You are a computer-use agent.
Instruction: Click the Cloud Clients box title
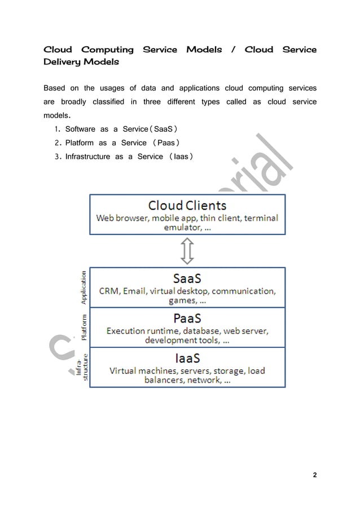pyautogui.click(x=187, y=205)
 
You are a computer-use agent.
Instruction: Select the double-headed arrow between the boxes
pyautogui.click(x=187, y=251)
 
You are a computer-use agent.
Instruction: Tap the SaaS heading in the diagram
pyautogui.click(x=187, y=278)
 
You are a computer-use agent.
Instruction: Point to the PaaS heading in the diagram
pyautogui.click(x=187, y=318)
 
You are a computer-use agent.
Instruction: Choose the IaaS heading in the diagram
pyautogui.click(x=187, y=358)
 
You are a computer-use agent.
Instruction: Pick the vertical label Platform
pyautogui.click(x=84, y=328)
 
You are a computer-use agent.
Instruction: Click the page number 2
pyautogui.click(x=314, y=475)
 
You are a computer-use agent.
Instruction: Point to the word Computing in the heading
pyautogui.click(x=107, y=50)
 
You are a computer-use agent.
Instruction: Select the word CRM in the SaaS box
pyautogui.click(x=109, y=291)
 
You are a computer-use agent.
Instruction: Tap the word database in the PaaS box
pyautogui.click(x=200, y=330)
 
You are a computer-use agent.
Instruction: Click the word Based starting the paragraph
pyautogui.click(x=54, y=88)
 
